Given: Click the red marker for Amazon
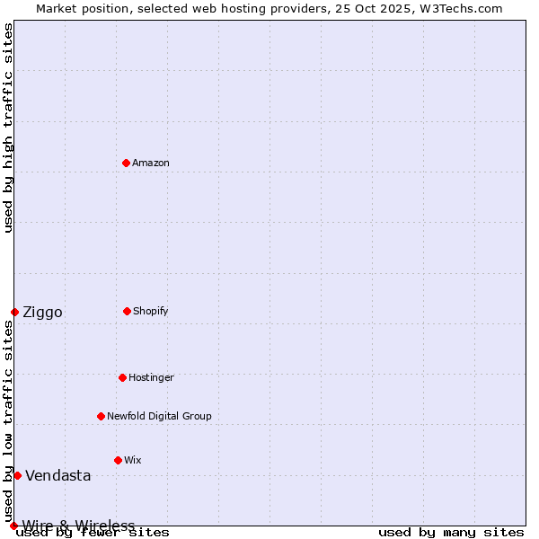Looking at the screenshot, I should [126, 163].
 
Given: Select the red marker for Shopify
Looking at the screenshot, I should [127, 311].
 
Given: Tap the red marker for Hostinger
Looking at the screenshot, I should [122, 377].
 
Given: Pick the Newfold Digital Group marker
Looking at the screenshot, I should [101, 416].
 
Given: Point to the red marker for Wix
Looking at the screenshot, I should [118, 460].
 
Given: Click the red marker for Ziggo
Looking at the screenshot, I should [14, 312].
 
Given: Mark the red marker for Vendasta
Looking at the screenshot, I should [17, 475].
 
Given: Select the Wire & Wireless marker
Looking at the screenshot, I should [13, 526].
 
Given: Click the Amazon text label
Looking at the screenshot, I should [151, 163].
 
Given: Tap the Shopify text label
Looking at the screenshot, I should [151, 312].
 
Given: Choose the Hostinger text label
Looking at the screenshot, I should [151, 378].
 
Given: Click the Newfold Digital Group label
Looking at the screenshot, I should [159, 417].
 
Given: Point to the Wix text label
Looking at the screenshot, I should [133, 461].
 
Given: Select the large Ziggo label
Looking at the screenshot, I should [42, 313].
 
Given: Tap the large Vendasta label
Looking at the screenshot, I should [57, 476].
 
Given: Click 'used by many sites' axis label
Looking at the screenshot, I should [451, 533].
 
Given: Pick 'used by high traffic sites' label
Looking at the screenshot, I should [9, 128].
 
